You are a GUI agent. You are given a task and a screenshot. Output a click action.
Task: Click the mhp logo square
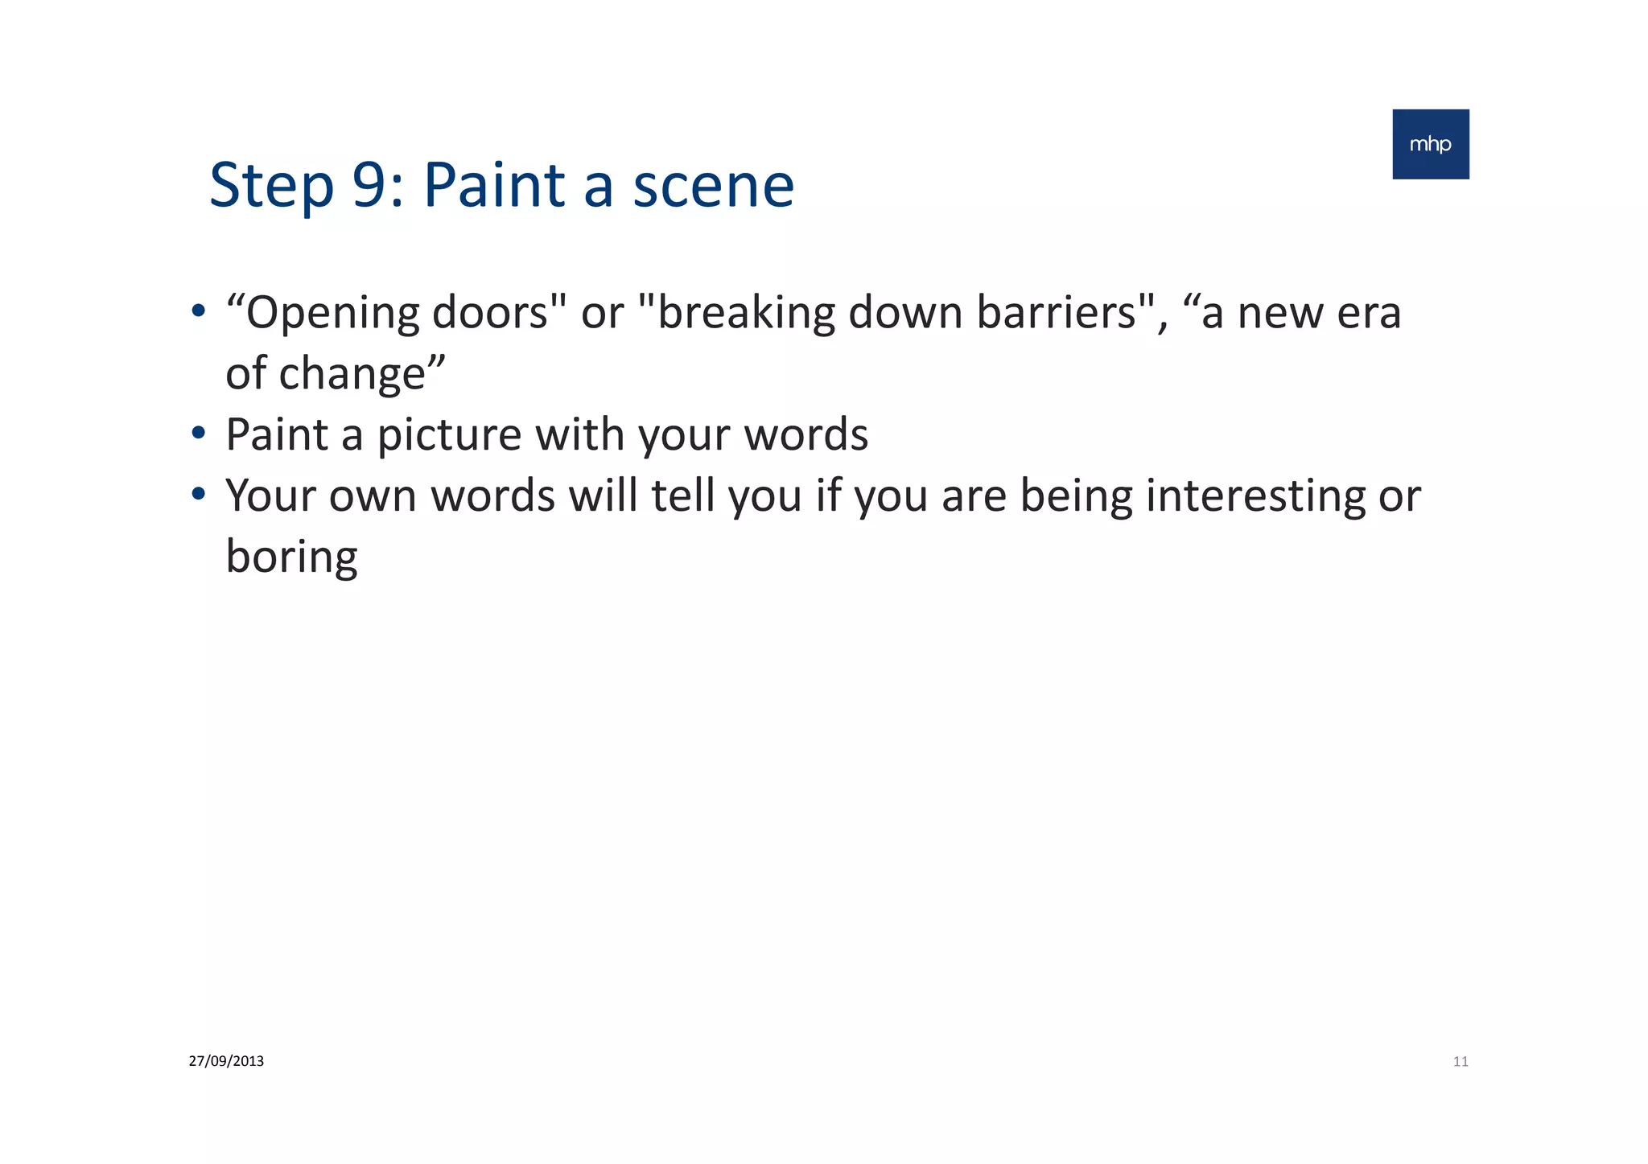pos(1430,144)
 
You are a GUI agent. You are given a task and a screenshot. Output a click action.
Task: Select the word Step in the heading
pos(271,187)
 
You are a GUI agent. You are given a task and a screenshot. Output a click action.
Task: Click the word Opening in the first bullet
pos(332,314)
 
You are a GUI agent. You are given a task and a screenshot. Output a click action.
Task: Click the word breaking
pos(746,314)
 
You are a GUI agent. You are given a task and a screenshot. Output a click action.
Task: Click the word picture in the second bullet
pos(449,436)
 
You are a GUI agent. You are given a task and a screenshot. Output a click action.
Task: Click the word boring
pos(291,558)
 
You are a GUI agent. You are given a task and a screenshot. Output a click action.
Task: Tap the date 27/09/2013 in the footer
pos(226,1061)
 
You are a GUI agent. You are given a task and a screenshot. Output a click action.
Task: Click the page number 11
pos(1460,1062)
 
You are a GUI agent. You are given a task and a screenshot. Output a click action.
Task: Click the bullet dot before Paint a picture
pos(198,435)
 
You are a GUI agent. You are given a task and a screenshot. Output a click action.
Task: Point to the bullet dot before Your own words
pos(198,496)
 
